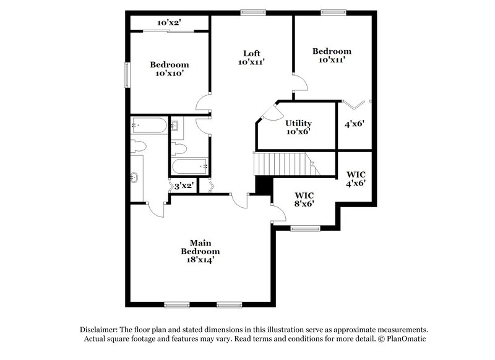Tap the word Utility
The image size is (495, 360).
coord(298,123)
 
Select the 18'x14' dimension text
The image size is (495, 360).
coord(200,260)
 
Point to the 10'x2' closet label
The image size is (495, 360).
coord(168,23)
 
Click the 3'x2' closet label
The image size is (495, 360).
coord(184,186)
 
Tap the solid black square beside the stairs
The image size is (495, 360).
coord(264,186)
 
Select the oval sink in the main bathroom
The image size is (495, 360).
coord(136,178)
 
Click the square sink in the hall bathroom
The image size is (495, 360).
coord(175,127)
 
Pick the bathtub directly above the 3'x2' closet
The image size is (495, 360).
coord(190,166)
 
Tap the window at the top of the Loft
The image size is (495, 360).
coord(253,11)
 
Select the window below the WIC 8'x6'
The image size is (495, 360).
coord(304,228)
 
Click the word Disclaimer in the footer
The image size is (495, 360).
coord(100,330)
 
